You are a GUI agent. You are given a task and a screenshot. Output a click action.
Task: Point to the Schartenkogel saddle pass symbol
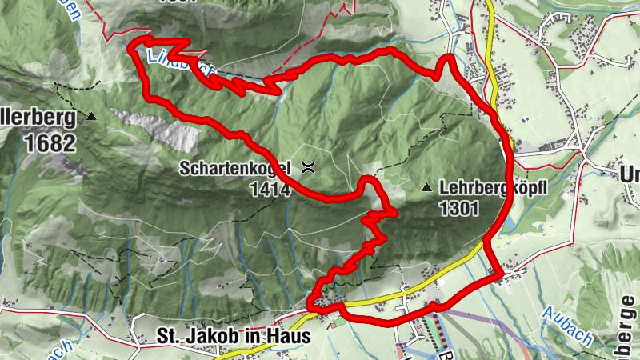click(x=308, y=168)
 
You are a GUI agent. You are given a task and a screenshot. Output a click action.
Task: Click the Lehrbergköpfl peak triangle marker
click(x=426, y=189)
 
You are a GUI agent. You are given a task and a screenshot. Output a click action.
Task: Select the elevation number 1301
click(x=458, y=210)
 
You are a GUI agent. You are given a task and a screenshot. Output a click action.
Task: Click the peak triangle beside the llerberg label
click(x=90, y=117)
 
